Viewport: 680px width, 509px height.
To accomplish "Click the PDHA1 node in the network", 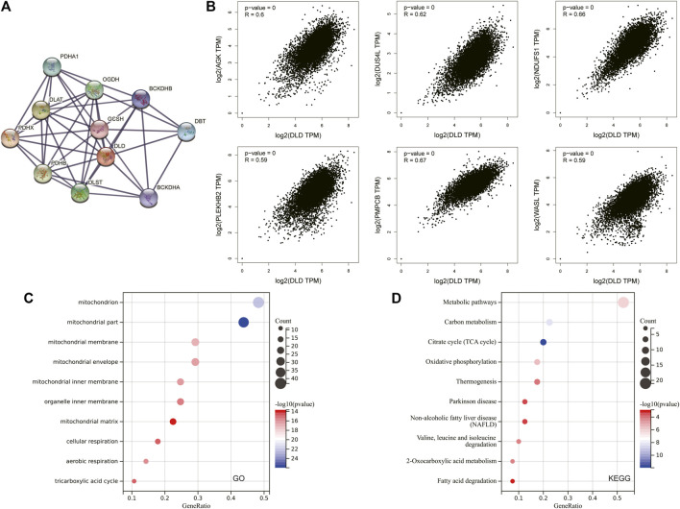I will click(52, 66).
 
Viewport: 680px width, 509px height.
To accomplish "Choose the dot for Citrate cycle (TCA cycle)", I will click(544, 342).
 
